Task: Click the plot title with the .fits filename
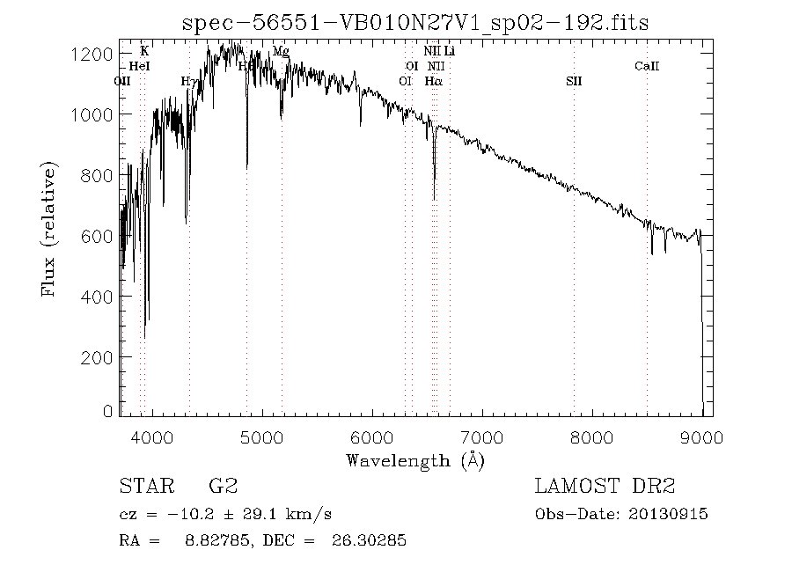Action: tap(414, 23)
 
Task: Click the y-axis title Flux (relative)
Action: tap(50, 229)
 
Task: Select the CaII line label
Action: tap(647, 67)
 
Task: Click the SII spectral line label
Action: tap(574, 82)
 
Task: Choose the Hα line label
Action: tap(433, 82)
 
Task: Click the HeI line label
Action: tap(139, 67)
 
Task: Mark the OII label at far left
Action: tap(123, 82)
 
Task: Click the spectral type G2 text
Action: tap(223, 486)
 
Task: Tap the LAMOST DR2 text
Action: tap(605, 486)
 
